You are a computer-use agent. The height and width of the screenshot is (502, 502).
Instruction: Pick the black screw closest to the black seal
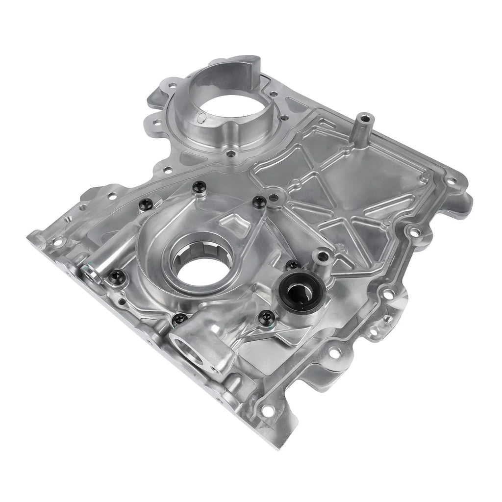293,265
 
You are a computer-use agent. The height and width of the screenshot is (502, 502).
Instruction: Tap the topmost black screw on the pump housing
199,186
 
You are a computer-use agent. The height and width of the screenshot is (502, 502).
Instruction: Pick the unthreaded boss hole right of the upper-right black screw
275,198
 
